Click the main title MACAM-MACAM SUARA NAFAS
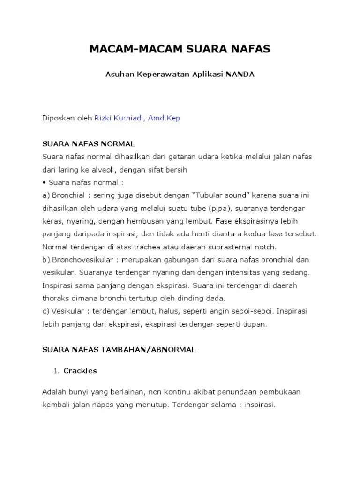(x=180, y=48)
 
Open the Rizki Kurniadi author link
(x=120, y=118)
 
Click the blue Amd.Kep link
(x=164, y=118)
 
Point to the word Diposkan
(x=58, y=118)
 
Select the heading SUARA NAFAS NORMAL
(x=88, y=143)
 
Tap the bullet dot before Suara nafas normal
(x=44, y=182)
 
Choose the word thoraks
(x=55, y=298)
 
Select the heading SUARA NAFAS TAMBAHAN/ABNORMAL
(x=119, y=349)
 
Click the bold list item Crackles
(x=80, y=370)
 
